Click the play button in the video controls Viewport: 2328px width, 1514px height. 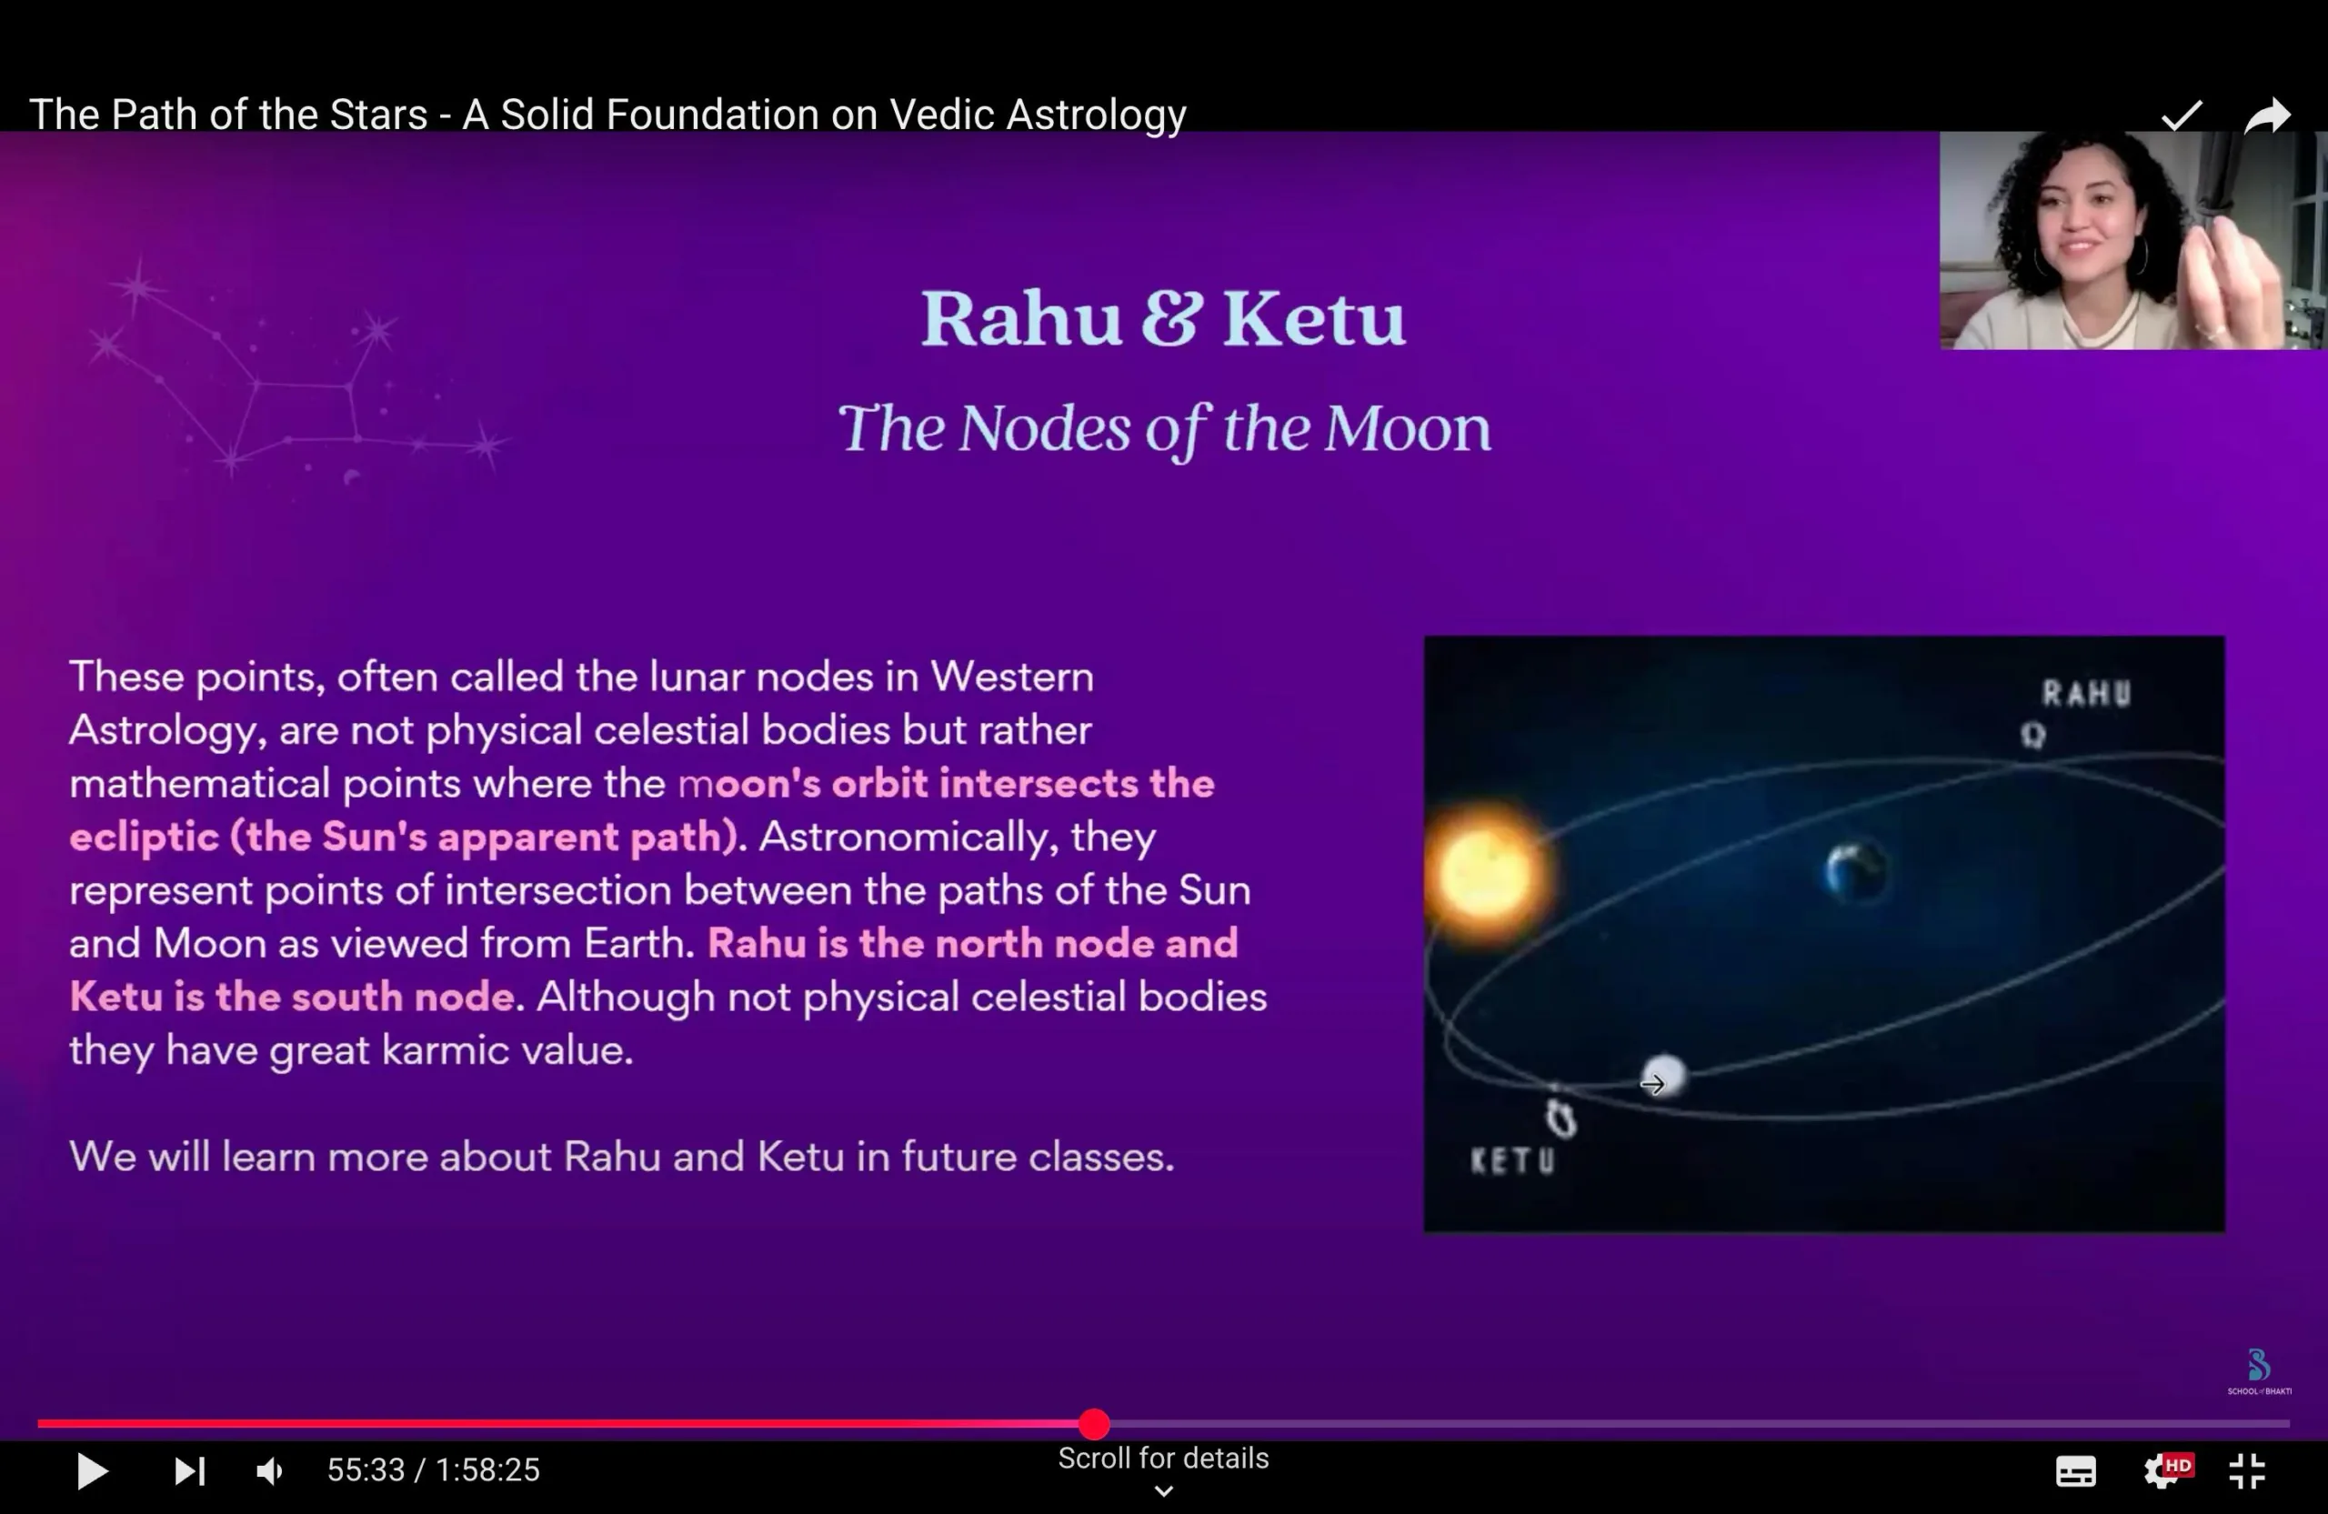click(92, 1471)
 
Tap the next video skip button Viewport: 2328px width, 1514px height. click(190, 1471)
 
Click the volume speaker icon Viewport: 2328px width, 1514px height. click(269, 1471)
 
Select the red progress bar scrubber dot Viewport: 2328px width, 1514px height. click(1095, 1424)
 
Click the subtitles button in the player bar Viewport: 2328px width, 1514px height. click(2075, 1471)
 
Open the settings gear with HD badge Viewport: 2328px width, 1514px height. click(2165, 1470)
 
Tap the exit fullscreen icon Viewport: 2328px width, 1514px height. click(2248, 1471)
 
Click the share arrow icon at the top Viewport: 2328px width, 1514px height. click(2267, 116)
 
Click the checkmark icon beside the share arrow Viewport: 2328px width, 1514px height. click(2182, 115)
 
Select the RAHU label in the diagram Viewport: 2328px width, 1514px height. click(2085, 694)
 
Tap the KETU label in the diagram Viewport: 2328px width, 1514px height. click(1512, 1161)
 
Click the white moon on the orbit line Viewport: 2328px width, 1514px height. click(1664, 1077)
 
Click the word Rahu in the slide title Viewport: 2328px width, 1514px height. click(1021, 318)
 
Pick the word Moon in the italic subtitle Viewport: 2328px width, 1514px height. click(1408, 428)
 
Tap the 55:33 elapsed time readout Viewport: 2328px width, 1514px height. click(366, 1470)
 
